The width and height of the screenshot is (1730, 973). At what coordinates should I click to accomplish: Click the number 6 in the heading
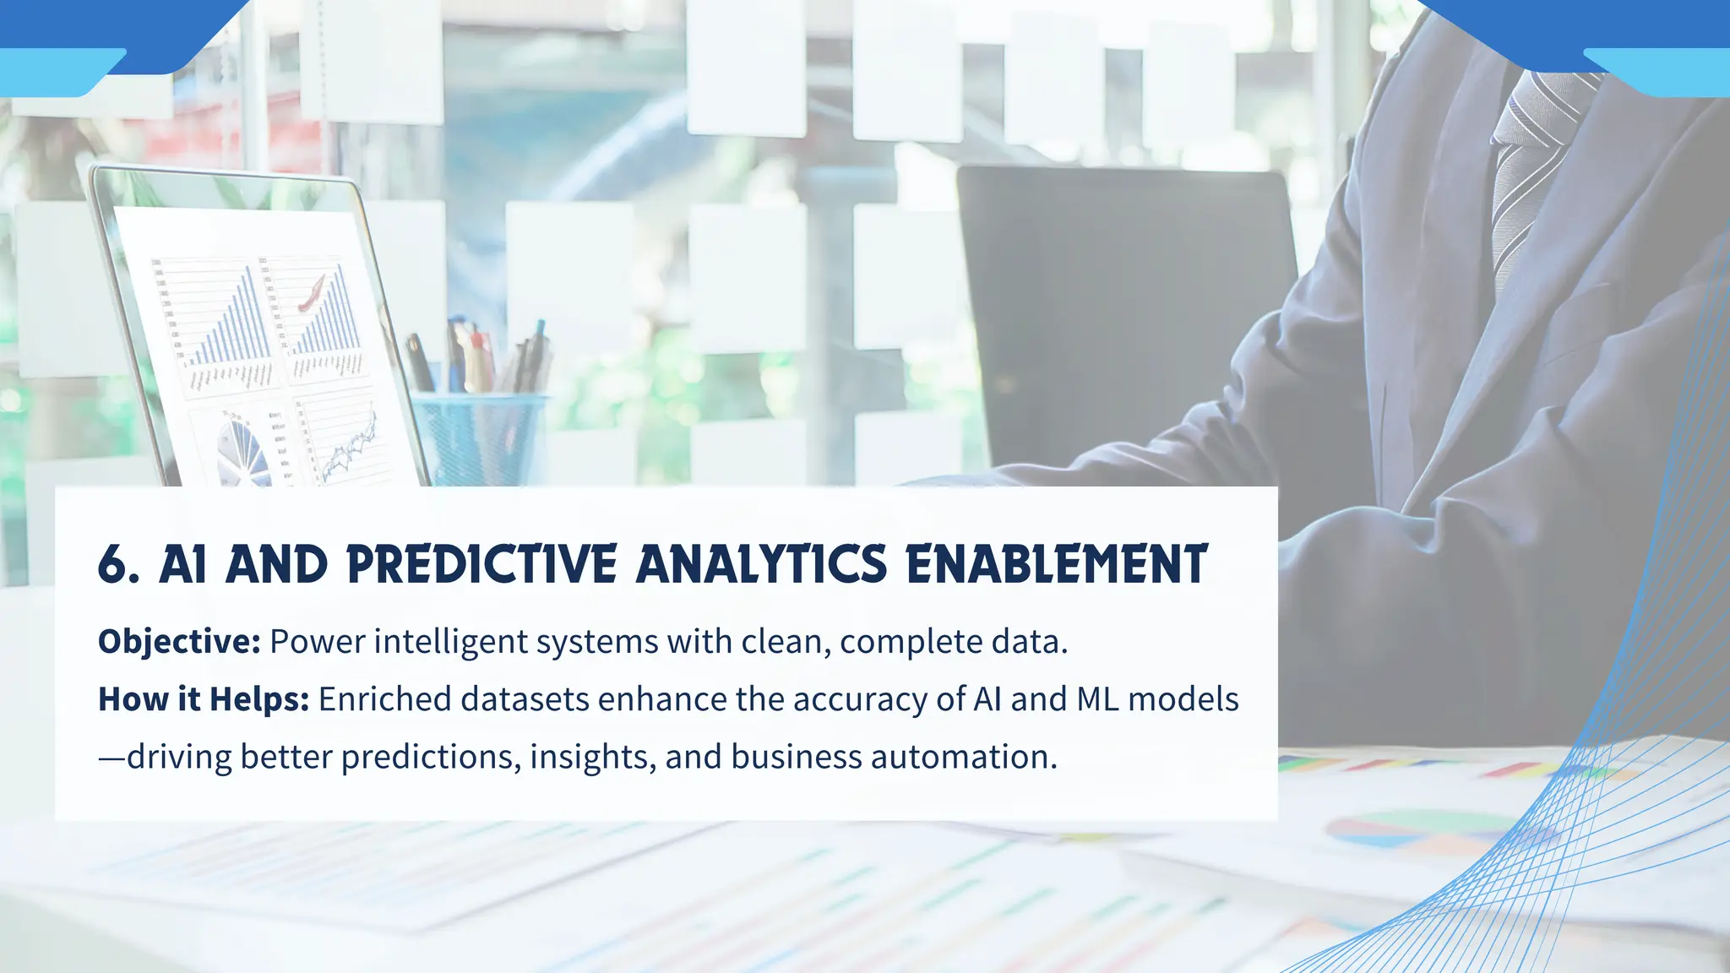point(114,564)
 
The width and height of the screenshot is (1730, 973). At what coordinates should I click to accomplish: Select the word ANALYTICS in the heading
point(761,564)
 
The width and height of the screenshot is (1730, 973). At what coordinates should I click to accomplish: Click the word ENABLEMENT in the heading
point(1057,564)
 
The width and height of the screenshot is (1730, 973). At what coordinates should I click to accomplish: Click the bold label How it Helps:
point(204,699)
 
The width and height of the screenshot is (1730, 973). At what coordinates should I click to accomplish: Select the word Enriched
point(385,699)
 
